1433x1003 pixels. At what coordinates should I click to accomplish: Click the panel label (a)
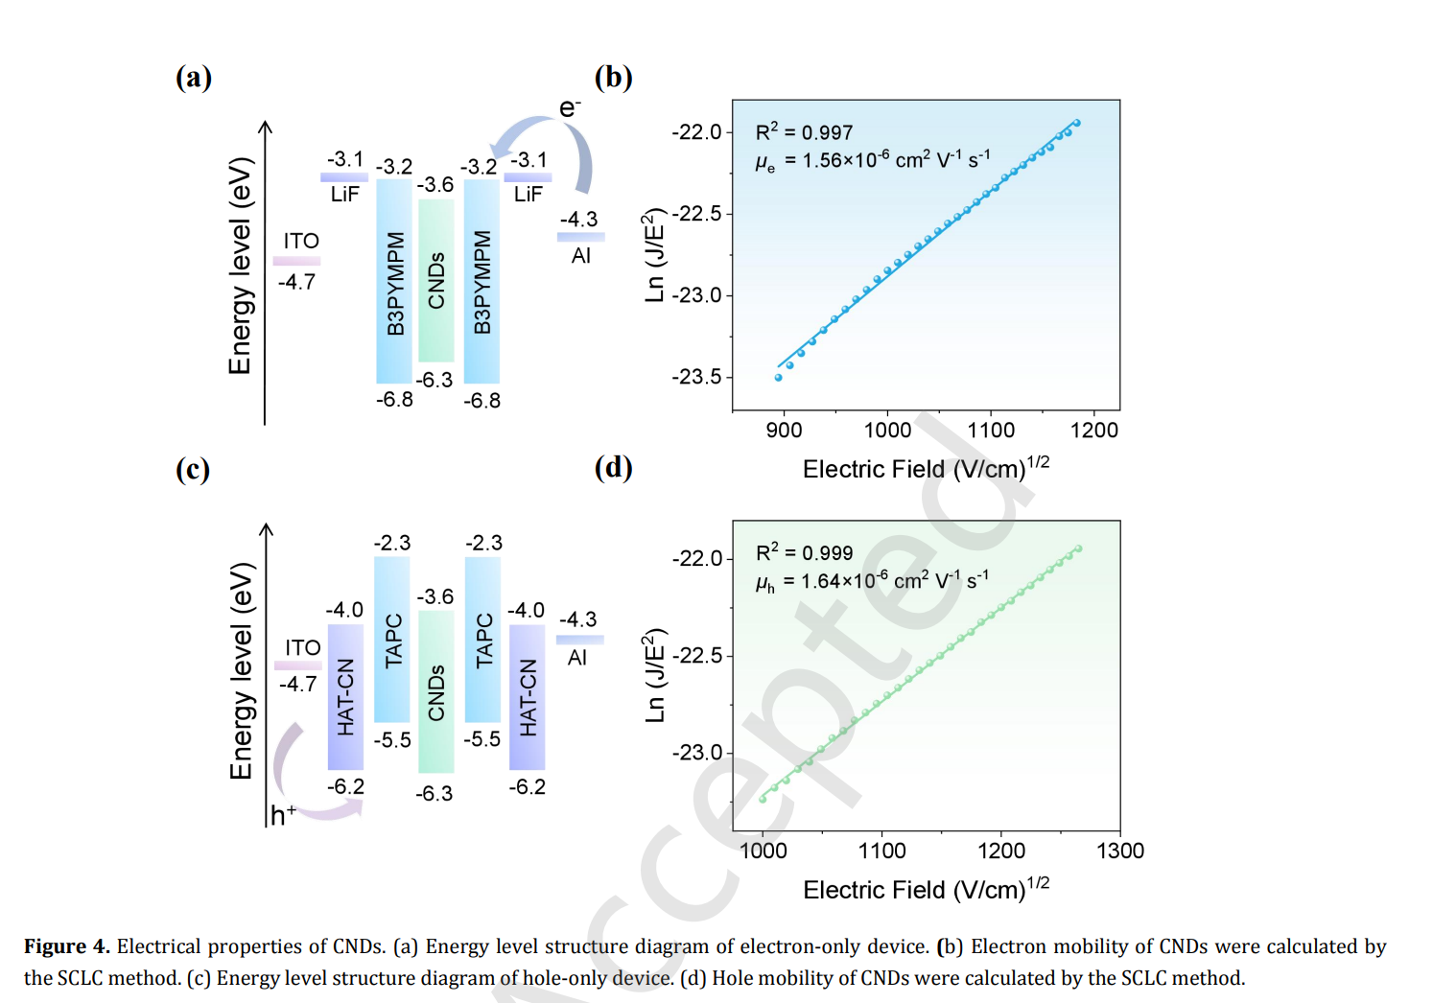click(x=193, y=78)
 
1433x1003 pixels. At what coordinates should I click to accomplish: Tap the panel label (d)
click(x=613, y=468)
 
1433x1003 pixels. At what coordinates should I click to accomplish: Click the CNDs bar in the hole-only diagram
click(x=435, y=691)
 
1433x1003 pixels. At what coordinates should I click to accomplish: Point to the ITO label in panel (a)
click(x=301, y=241)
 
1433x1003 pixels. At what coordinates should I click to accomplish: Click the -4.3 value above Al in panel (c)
click(x=578, y=619)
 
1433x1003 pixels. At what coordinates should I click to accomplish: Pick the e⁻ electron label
click(x=570, y=107)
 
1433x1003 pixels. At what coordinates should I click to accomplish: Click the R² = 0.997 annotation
click(x=804, y=132)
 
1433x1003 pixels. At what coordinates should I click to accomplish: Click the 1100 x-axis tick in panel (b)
click(x=991, y=431)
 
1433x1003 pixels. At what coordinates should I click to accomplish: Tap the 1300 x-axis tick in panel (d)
click(x=1119, y=851)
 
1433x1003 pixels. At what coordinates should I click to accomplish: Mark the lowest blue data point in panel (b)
click(x=779, y=378)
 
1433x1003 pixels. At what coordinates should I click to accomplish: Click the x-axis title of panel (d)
click(x=926, y=889)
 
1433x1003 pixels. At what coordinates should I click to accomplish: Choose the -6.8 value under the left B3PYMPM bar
click(x=394, y=400)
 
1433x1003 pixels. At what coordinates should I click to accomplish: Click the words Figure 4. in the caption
click(x=66, y=946)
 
